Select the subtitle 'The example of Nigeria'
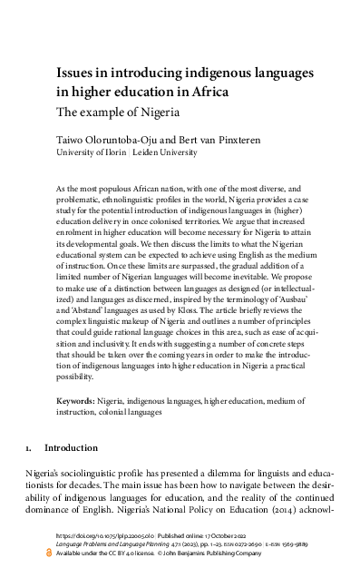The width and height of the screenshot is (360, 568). [118, 113]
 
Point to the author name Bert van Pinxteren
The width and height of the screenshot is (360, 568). [210, 142]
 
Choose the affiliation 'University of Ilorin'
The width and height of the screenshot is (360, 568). [92, 154]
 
